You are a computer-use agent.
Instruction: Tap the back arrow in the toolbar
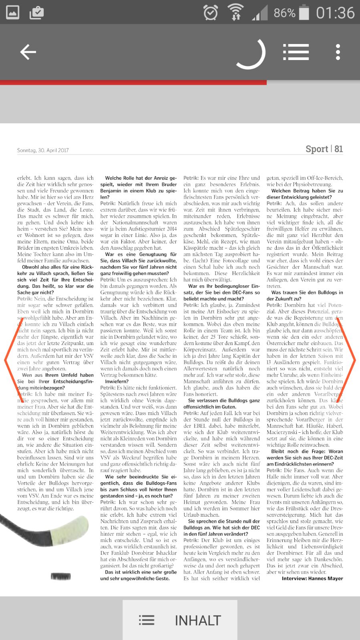coord(28,52)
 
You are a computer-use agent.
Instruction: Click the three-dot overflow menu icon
coord(338,52)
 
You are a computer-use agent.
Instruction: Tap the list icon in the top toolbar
coord(296,52)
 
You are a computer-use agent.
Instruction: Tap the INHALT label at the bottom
coord(198,620)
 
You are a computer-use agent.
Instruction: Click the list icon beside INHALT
coord(147,620)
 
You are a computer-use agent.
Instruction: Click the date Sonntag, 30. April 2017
coord(43,150)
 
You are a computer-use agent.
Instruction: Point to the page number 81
coord(339,149)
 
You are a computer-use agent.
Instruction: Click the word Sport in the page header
coord(317,149)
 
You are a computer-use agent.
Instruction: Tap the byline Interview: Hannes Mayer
coord(312,578)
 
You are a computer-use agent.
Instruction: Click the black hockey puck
coord(61,576)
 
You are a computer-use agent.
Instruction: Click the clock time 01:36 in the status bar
coord(335,13)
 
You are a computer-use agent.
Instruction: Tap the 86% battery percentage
coord(284,13)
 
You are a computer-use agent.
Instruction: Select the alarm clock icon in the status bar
coord(211,13)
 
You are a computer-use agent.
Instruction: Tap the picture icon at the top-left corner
coord(12,13)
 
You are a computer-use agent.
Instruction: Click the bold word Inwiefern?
coord(117,381)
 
